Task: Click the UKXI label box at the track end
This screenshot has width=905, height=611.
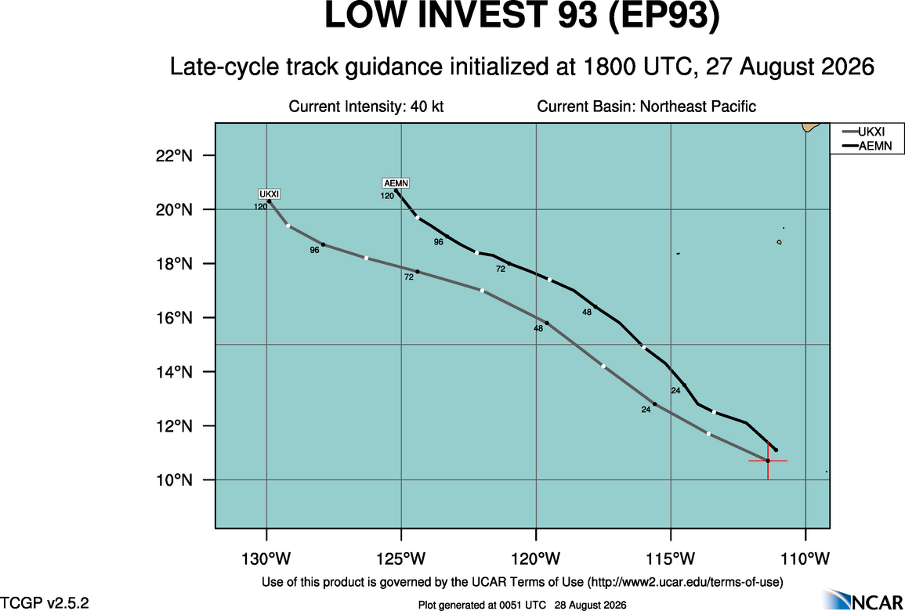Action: (x=269, y=194)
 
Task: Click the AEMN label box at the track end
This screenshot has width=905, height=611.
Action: (x=396, y=183)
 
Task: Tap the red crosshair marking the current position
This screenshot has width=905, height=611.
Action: (x=768, y=461)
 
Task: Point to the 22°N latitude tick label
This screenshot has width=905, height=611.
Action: (x=174, y=156)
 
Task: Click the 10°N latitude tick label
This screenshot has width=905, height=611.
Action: (x=174, y=480)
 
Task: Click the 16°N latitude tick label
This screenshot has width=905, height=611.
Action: (x=174, y=318)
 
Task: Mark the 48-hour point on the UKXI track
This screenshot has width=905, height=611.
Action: (x=547, y=323)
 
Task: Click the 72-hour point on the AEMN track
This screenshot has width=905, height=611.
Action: (x=509, y=263)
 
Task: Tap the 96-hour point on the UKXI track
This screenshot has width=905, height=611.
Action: (x=323, y=244)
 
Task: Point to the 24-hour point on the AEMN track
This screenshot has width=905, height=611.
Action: (x=685, y=385)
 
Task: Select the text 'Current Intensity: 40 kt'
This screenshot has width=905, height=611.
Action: (x=366, y=107)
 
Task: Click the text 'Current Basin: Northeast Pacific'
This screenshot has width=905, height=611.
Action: (x=646, y=107)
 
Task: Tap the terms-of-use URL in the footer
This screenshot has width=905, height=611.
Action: (x=685, y=580)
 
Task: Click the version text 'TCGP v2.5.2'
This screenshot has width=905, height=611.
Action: (x=45, y=603)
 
